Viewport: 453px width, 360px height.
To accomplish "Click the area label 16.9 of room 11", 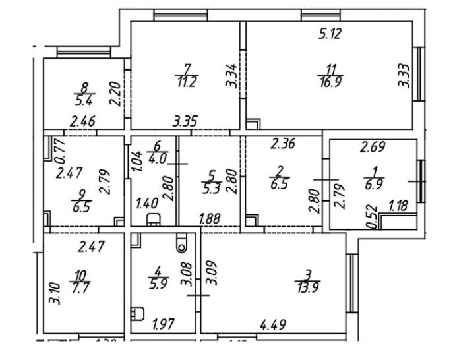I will (x=330, y=81).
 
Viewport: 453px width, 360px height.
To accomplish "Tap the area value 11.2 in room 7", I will (x=187, y=82).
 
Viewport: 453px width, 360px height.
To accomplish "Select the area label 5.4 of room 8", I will (x=83, y=100).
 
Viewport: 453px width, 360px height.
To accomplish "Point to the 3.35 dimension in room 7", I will (x=186, y=121).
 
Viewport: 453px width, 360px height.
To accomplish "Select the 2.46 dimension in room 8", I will (x=83, y=121).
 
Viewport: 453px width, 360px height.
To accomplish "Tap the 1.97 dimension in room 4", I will (x=164, y=324).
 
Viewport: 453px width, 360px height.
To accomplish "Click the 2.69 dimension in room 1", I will (x=372, y=147).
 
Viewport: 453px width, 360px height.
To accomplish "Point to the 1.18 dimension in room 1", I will (x=398, y=207).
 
